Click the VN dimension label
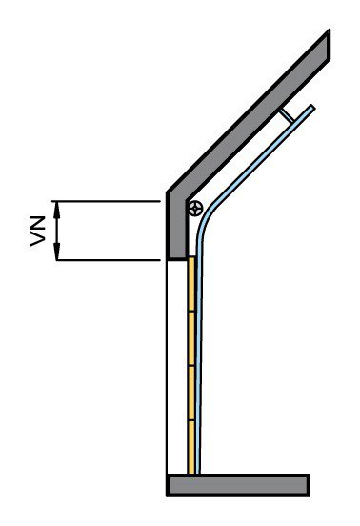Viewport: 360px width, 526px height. coord(37,232)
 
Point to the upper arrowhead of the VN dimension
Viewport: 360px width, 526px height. coord(57,210)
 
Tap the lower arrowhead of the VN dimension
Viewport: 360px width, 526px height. coord(57,252)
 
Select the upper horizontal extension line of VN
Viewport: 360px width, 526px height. coord(106,201)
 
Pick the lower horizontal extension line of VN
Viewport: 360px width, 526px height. coord(106,260)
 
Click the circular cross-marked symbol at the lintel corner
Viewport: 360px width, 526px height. coord(195,209)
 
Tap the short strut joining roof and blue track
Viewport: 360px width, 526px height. coord(288,115)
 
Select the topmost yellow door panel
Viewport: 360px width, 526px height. coord(191,285)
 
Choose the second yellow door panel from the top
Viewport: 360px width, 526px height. coord(191,338)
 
